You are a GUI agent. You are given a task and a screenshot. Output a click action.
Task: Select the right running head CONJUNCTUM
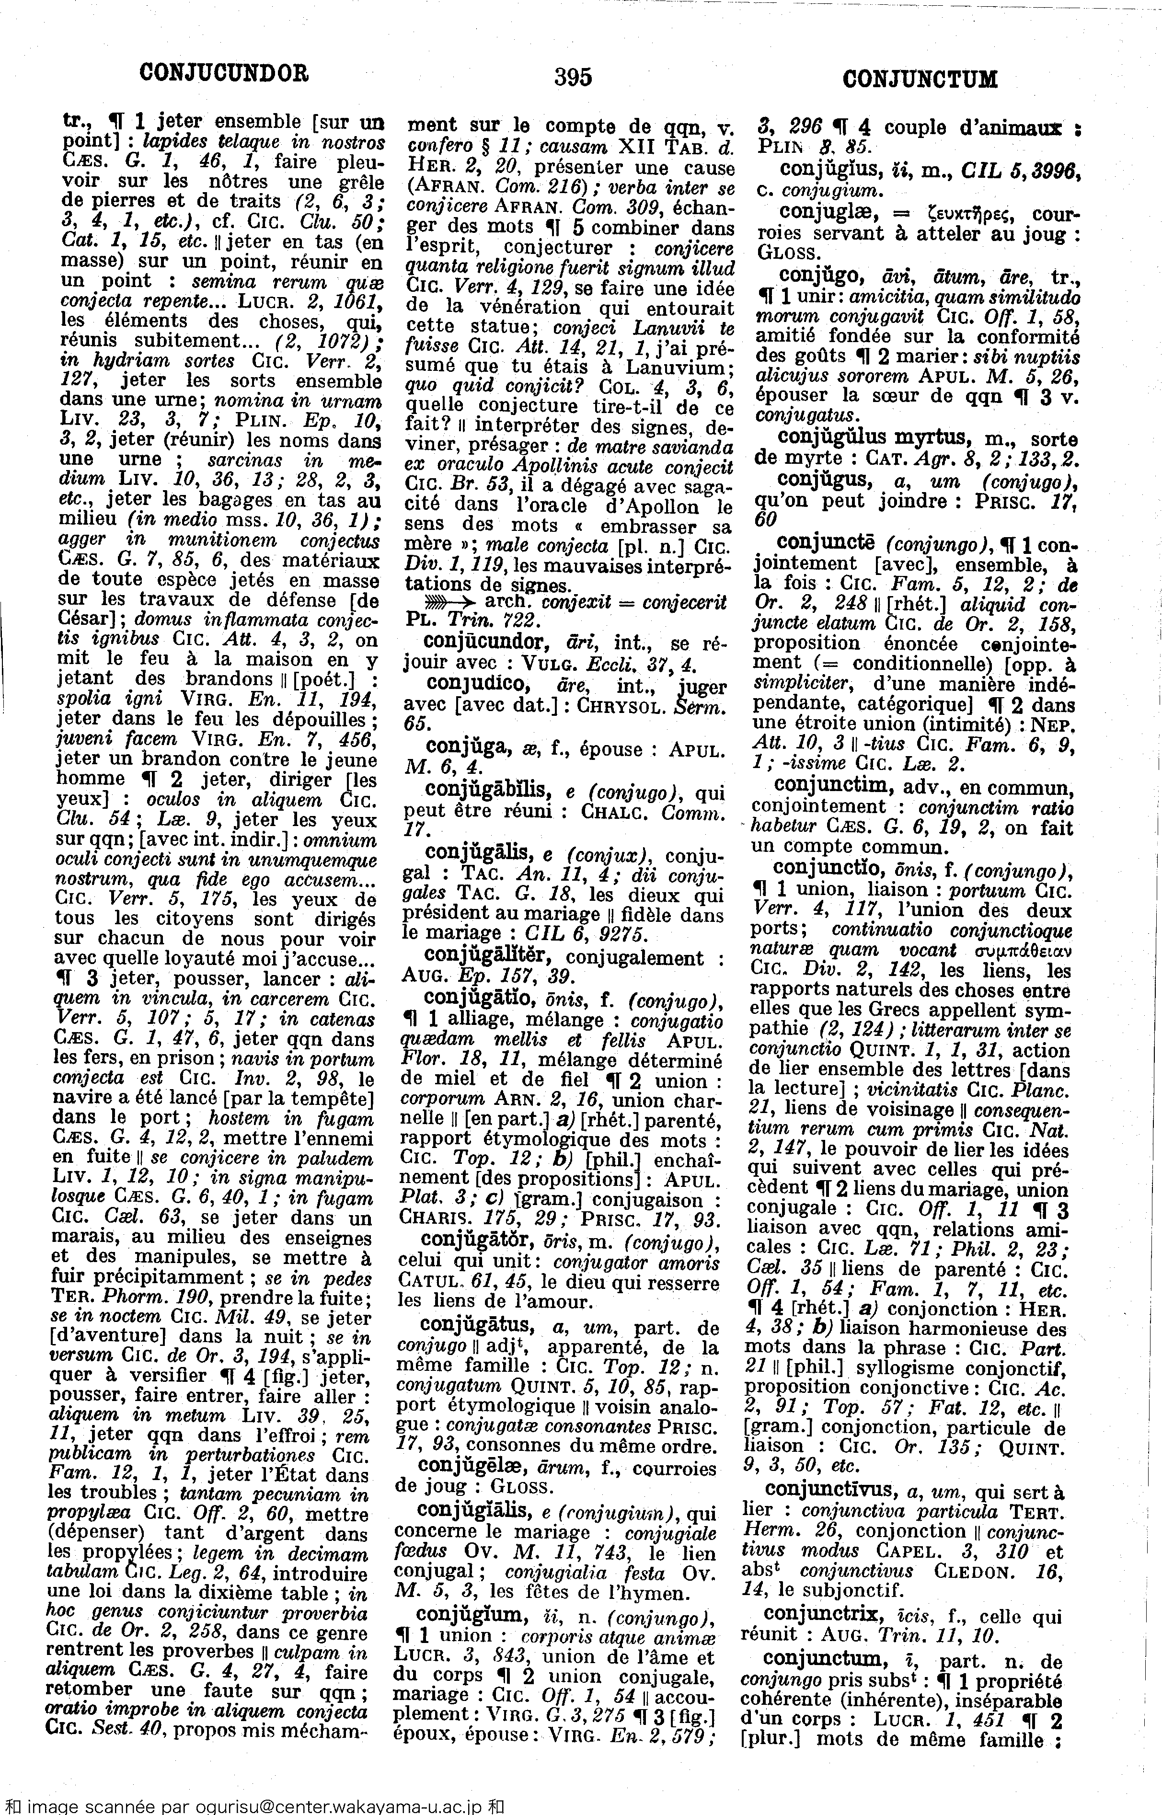tap(920, 79)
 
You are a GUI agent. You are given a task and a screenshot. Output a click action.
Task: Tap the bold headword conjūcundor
tap(485, 642)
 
